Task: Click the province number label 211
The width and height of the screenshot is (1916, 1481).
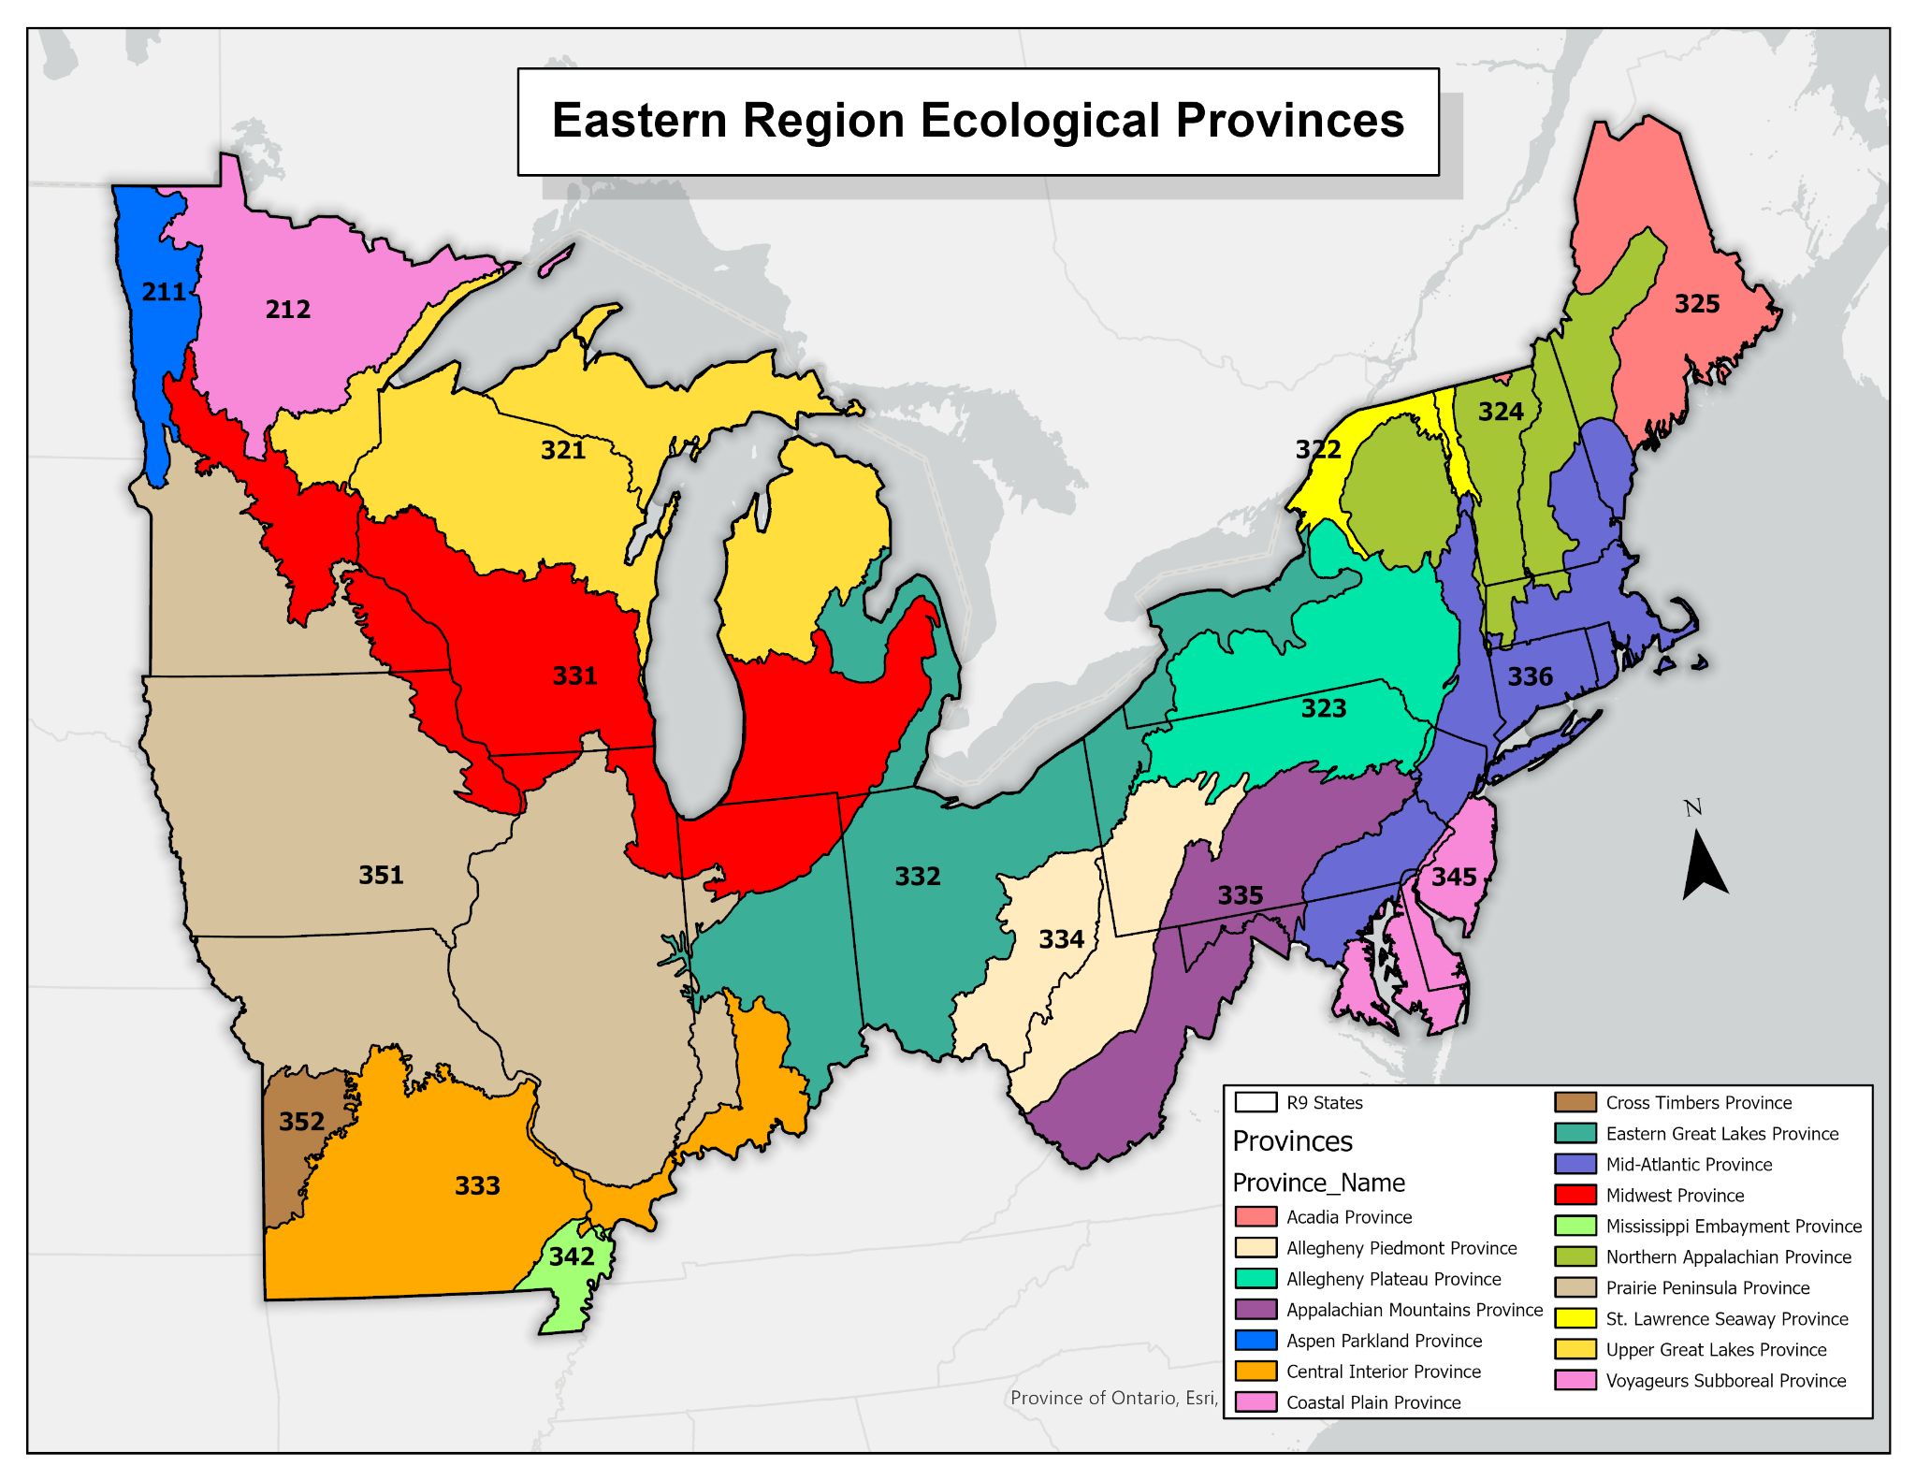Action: coord(164,292)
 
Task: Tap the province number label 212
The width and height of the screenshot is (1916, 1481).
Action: coord(287,310)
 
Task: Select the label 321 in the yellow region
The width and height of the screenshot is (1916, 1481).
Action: coord(563,451)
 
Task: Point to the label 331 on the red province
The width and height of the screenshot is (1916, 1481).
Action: coord(574,675)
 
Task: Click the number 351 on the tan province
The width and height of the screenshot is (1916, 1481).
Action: coord(381,875)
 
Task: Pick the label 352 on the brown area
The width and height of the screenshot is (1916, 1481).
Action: coord(301,1121)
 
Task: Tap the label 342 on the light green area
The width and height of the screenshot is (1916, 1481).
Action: coord(572,1256)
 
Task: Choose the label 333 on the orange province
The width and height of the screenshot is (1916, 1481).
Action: coord(477,1186)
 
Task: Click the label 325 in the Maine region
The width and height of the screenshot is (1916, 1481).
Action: coord(1697,304)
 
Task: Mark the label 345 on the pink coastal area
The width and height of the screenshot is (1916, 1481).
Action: coord(1454,877)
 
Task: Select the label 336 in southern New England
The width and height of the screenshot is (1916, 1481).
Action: coord(1530,676)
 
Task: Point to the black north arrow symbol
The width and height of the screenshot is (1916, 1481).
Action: coord(1704,866)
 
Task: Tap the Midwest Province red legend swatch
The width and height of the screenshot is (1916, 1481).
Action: coord(1575,1195)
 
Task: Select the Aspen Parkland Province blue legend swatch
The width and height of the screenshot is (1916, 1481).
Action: coord(1256,1340)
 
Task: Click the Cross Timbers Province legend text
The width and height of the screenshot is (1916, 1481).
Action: coord(1698,1102)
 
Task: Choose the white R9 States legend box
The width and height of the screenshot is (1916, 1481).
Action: coord(1256,1102)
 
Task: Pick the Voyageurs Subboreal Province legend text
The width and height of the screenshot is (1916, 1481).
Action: coord(1725,1380)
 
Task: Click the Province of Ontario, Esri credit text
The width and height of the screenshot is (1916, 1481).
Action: coord(1113,1398)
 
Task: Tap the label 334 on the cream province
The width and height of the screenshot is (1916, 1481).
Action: coord(1061,939)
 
